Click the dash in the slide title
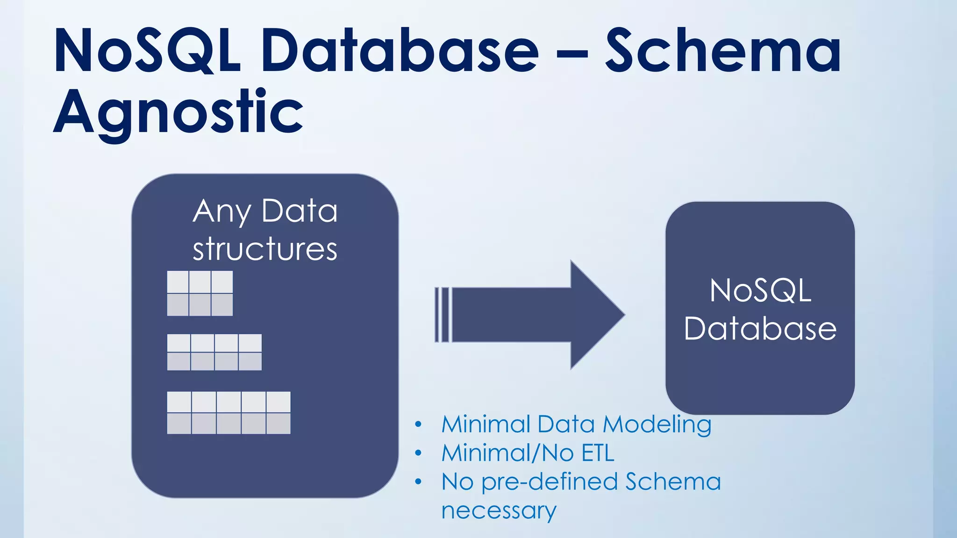pos(572,54)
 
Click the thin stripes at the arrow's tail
pos(442,315)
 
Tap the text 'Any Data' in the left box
pos(265,211)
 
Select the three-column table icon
pos(200,293)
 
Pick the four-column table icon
pos(214,352)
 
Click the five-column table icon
pos(229,413)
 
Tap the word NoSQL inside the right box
pos(760,290)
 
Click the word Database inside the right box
pos(760,328)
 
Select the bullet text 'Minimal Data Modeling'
pos(576,425)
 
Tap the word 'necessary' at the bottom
pos(499,510)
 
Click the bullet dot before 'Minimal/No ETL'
pos(418,453)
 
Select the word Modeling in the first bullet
pos(657,425)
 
